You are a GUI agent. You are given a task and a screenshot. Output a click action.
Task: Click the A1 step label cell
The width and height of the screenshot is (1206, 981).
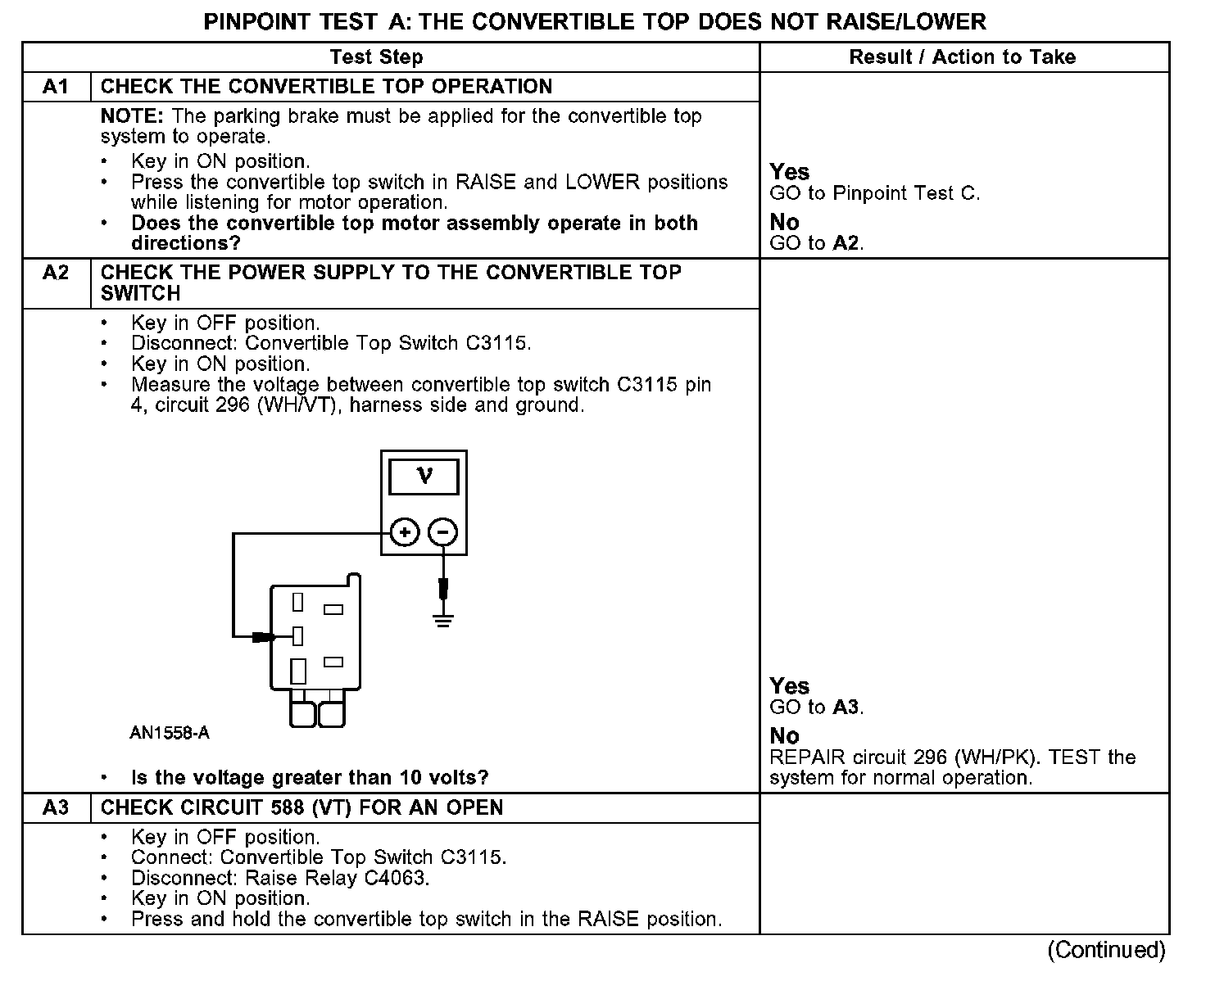(x=56, y=87)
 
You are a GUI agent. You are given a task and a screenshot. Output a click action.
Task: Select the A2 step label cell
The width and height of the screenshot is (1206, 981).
(x=56, y=273)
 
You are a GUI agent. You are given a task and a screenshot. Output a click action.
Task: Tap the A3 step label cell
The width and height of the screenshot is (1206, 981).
(x=56, y=808)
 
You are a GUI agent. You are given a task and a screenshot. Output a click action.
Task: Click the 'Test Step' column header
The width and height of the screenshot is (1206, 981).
(x=376, y=57)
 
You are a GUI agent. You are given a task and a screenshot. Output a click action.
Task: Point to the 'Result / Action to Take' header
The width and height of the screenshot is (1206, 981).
(x=963, y=57)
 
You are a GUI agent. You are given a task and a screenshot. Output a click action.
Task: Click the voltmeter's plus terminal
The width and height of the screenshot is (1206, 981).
(x=404, y=533)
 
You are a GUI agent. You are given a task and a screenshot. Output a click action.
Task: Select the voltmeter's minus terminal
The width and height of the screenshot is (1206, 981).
(x=443, y=533)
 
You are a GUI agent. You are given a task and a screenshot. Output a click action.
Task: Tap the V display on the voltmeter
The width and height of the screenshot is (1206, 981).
(x=424, y=477)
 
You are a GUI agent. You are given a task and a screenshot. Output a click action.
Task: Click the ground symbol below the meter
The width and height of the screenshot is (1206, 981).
(x=443, y=618)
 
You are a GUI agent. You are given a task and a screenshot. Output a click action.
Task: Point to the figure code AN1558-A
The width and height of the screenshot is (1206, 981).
(x=170, y=733)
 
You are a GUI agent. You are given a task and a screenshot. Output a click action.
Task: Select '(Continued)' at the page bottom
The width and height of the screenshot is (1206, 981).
(x=1106, y=950)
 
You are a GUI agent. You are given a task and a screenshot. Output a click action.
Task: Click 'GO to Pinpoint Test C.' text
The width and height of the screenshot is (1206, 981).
(x=874, y=193)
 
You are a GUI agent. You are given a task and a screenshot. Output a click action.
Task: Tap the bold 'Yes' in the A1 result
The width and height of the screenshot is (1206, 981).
(x=790, y=172)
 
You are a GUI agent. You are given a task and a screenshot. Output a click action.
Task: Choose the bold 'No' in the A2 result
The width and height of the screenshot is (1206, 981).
(x=784, y=735)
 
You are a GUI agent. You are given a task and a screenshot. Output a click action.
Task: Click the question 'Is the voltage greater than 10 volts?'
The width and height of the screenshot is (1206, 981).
(x=310, y=777)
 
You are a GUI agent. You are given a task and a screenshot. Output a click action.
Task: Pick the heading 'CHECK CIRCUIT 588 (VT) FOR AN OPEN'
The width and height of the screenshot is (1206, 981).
(x=301, y=808)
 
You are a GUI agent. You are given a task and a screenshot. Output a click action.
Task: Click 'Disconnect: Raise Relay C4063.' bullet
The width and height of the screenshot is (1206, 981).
(x=280, y=878)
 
